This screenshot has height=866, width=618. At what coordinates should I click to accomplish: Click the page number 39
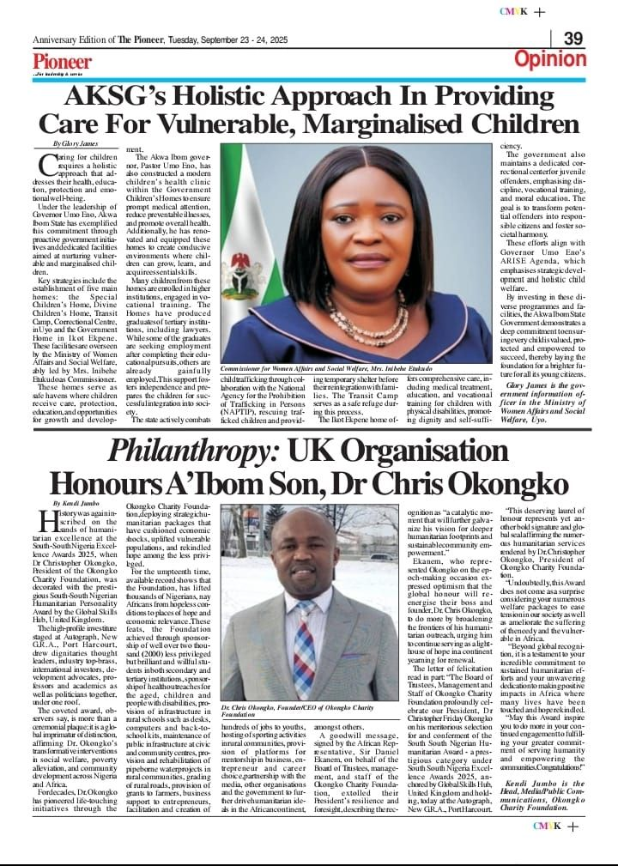pos(573,39)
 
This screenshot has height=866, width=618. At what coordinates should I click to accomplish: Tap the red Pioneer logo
pos(63,62)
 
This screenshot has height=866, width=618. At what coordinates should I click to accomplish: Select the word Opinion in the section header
pos(549,59)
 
